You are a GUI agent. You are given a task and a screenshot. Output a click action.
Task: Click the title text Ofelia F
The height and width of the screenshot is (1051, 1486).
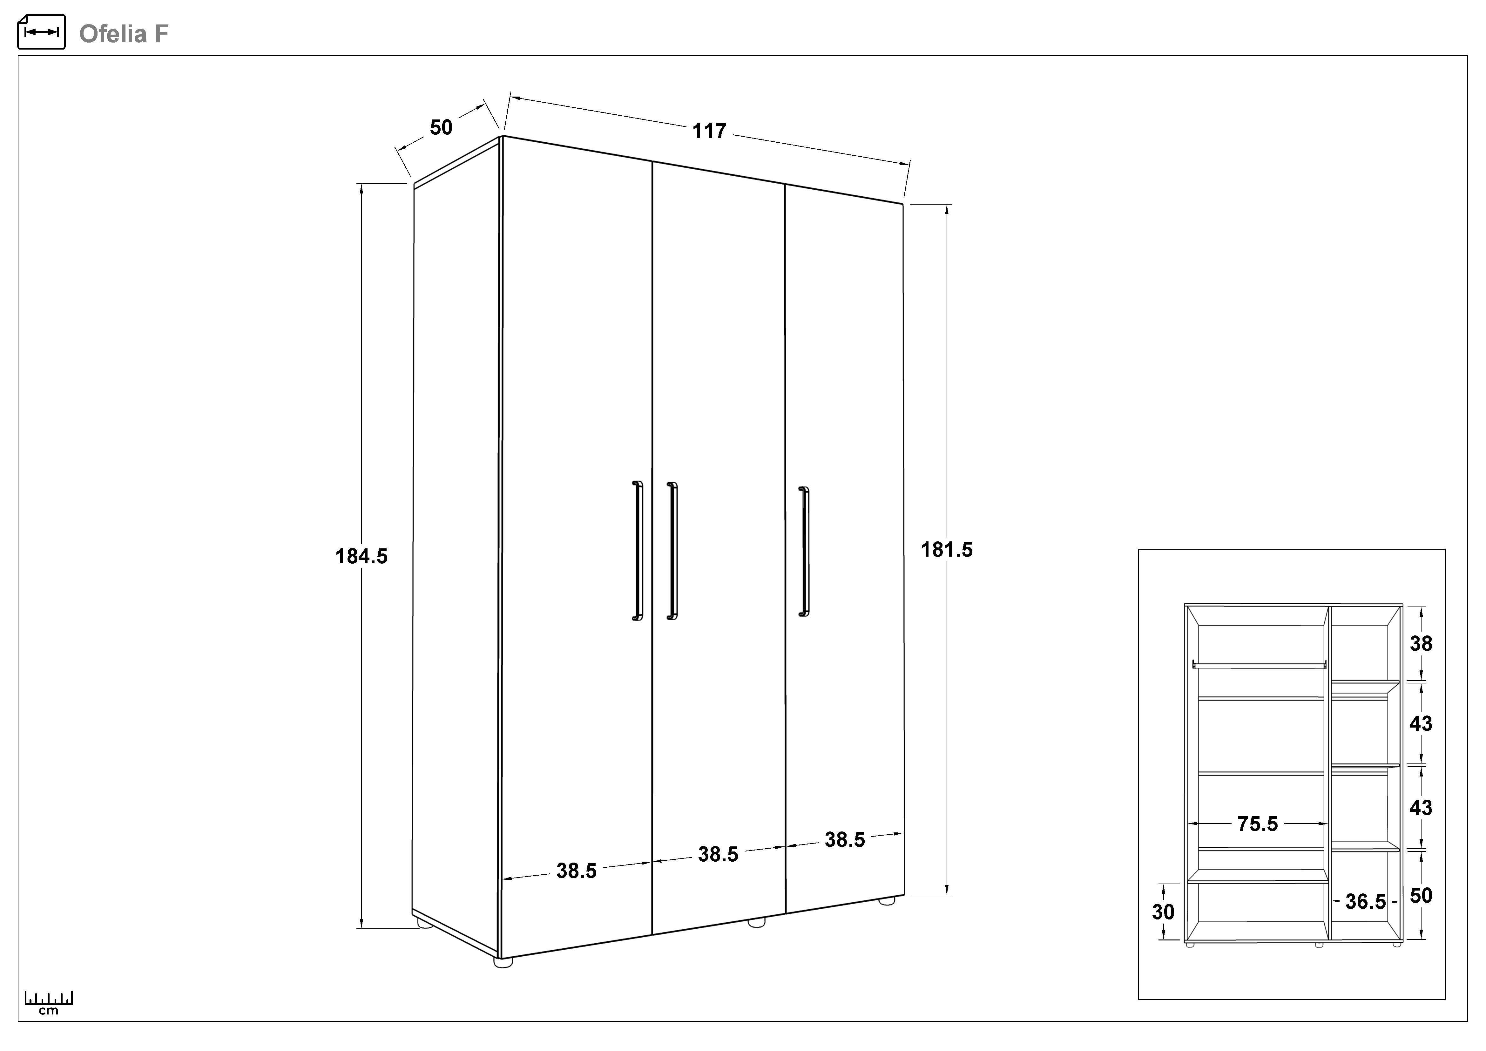click(x=124, y=34)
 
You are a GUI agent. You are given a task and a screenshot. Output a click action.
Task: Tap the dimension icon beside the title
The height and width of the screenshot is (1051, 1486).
click(x=41, y=32)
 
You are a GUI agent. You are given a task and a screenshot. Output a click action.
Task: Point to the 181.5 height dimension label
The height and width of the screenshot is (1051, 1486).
click(x=947, y=549)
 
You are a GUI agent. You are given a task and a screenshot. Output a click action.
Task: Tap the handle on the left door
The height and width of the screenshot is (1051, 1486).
click(x=638, y=551)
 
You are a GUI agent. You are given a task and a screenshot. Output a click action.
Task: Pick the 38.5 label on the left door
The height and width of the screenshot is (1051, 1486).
click(x=576, y=871)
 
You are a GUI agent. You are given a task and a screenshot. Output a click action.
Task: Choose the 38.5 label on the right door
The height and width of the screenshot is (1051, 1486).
click(x=845, y=840)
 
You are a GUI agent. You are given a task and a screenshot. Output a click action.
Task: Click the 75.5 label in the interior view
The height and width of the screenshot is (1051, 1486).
click(x=1258, y=824)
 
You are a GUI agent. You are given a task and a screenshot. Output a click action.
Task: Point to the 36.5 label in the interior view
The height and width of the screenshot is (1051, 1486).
click(x=1366, y=901)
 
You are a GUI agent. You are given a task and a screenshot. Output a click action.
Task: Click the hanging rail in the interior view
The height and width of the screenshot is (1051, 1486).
click(x=1259, y=665)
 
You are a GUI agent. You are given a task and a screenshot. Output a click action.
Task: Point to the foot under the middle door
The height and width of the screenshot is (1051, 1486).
click(x=756, y=922)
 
